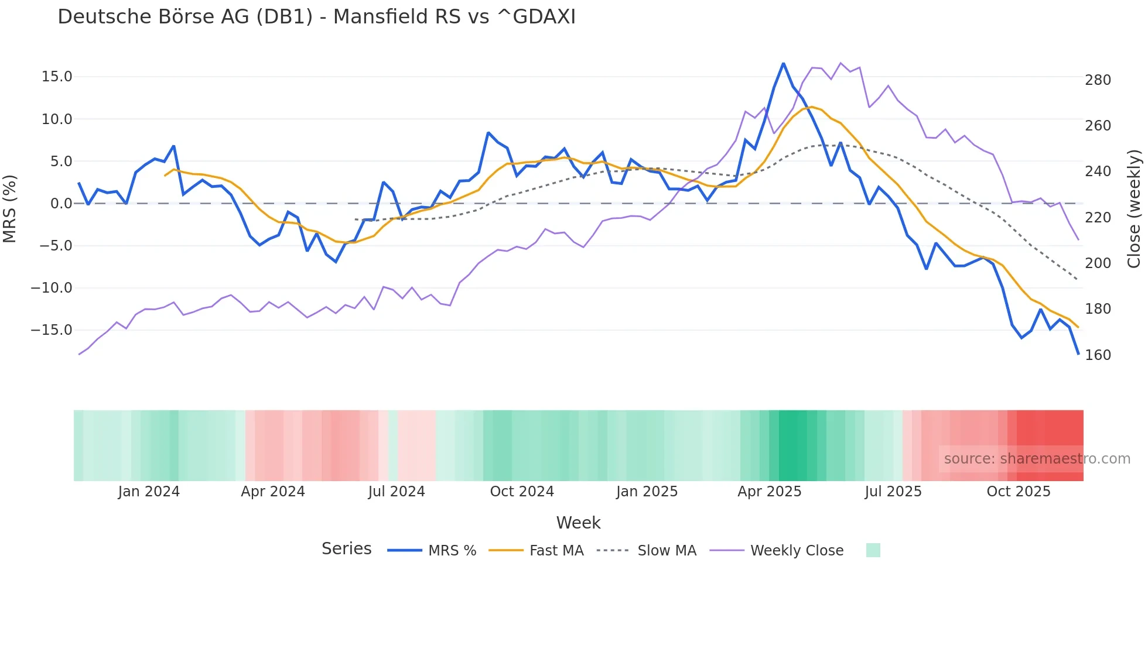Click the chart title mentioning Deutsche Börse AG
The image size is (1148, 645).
click(x=316, y=17)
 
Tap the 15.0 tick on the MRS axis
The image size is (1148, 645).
click(x=57, y=77)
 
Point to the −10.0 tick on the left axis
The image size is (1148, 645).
click(x=52, y=288)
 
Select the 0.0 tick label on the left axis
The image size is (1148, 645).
click(x=61, y=204)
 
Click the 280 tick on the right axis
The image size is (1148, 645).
click(x=1098, y=80)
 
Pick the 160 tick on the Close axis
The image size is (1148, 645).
click(x=1098, y=355)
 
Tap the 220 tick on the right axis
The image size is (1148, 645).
click(x=1098, y=218)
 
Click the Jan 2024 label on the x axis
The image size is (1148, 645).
click(x=149, y=492)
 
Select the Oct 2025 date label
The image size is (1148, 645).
click(x=1019, y=492)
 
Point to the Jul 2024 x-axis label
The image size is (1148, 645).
click(x=397, y=492)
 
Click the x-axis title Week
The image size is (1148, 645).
click(x=578, y=523)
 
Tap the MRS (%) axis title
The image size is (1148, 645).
click(x=9, y=208)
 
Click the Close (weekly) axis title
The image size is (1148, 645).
click(x=1135, y=208)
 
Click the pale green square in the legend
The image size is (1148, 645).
click(x=873, y=550)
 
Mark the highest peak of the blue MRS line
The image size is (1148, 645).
click(x=783, y=63)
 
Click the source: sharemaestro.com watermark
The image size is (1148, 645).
click(x=1037, y=459)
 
